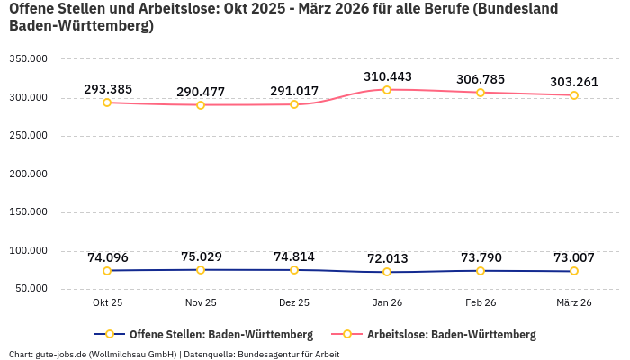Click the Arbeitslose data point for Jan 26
click(x=387, y=90)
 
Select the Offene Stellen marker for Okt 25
click(x=107, y=271)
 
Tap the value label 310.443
click(x=387, y=76)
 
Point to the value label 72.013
click(x=387, y=258)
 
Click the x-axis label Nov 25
click(x=201, y=302)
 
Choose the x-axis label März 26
click(x=573, y=302)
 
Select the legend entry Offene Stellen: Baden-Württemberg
click(x=220, y=335)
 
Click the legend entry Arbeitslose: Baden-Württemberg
click(x=450, y=335)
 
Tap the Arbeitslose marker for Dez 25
click(x=294, y=104)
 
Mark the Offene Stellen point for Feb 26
click(x=481, y=271)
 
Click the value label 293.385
click(x=108, y=89)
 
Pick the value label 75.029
click(x=201, y=256)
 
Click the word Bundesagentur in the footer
click(x=265, y=354)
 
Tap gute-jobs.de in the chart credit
click(x=60, y=354)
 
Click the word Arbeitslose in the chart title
click(x=156, y=9)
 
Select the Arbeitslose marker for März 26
click(x=574, y=95)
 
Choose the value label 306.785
click(x=481, y=79)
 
